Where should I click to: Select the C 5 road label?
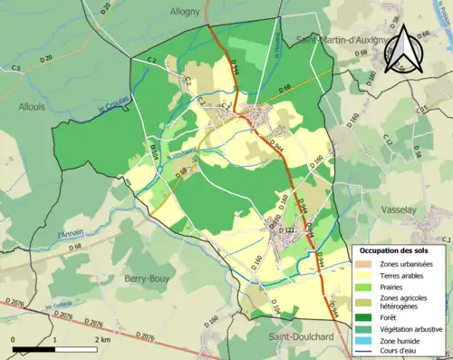15,68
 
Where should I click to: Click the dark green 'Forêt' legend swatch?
366,316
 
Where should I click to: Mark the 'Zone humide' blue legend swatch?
366,340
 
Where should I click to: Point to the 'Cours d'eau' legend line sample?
366,352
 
